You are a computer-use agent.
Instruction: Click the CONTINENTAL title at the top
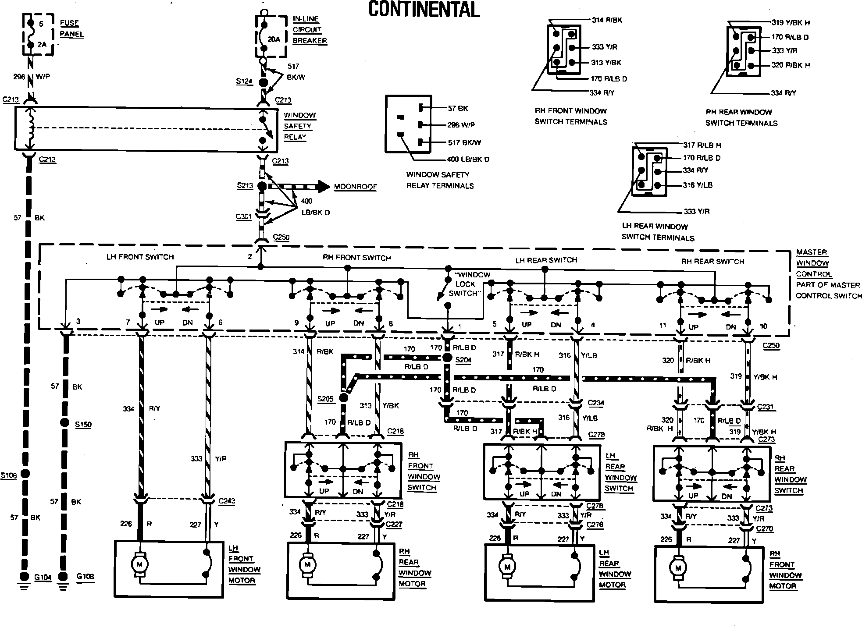click(424, 9)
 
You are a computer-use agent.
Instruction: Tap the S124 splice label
click(244, 81)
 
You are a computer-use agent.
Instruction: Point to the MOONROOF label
click(355, 187)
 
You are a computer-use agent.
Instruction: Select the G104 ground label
click(43, 577)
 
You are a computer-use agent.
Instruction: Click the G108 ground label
click(85, 576)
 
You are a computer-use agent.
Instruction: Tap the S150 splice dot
click(64, 423)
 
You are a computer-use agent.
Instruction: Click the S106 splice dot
click(25, 474)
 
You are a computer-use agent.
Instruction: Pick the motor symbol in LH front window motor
click(140, 564)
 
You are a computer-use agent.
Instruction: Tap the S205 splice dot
click(343, 398)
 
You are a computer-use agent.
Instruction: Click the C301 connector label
click(243, 216)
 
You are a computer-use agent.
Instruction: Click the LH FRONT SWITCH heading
click(140, 257)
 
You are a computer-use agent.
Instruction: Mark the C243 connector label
click(227, 501)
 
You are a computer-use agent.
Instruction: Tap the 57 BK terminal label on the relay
click(458, 109)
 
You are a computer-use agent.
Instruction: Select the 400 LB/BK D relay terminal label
click(467, 160)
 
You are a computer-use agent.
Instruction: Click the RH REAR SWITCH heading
click(712, 262)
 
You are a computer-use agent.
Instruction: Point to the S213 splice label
click(245, 186)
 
